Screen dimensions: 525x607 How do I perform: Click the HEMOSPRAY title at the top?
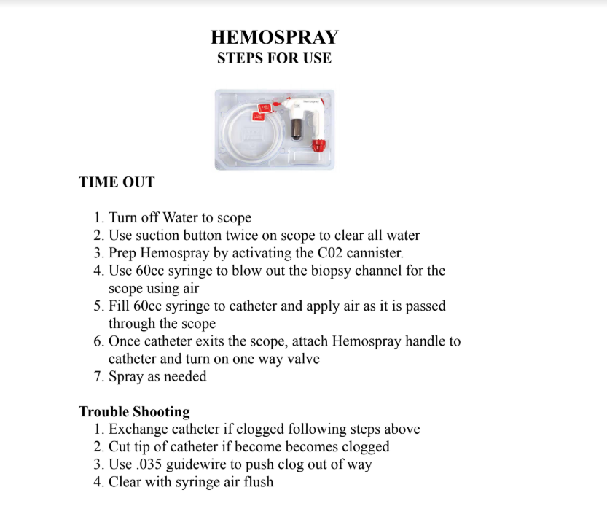274,37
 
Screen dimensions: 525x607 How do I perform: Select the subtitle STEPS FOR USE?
274,58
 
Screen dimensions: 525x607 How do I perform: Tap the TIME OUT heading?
117,182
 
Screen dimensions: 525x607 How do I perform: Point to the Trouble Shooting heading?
134,411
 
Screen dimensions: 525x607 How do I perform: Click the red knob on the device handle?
318,144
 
